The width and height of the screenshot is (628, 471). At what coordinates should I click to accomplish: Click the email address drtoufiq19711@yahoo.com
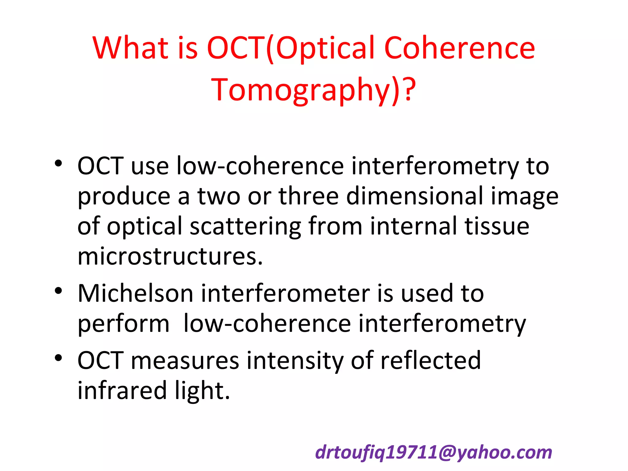(x=434, y=452)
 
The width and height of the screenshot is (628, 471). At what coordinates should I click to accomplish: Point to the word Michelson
(x=135, y=293)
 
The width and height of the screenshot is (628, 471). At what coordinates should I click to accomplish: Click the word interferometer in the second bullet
(x=285, y=293)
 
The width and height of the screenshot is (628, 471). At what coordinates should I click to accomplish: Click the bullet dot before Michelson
(x=59, y=290)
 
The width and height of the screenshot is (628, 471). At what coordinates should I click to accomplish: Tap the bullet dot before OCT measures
(x=59, y=358)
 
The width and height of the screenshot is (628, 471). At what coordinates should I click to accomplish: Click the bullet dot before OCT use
(x=59, y=163)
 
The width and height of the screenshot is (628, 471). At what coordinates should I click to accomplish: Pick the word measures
(x=185, y=361)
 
